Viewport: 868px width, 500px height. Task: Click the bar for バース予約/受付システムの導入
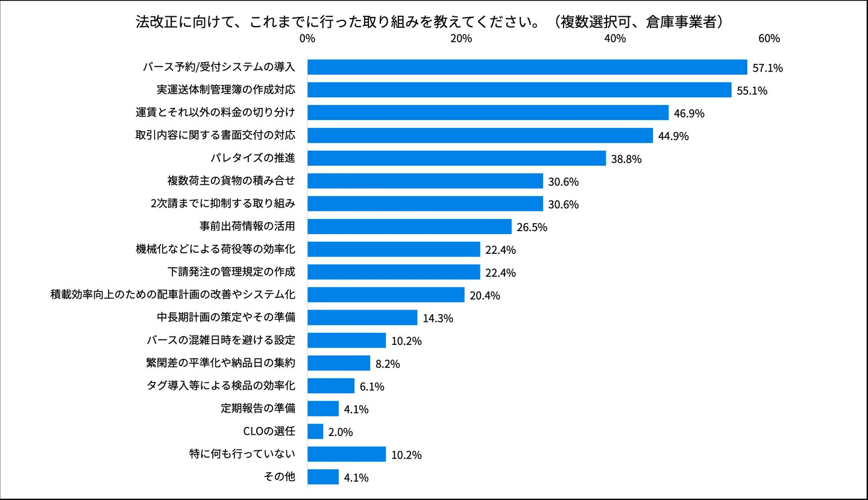(x=527, y=67)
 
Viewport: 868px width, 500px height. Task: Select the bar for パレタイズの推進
(x=456, y=158)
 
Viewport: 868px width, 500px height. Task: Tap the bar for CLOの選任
(x=315, y=431)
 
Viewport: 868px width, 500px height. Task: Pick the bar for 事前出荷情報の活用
(x=409, y=226)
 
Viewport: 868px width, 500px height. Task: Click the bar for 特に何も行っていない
(x=347, y=454)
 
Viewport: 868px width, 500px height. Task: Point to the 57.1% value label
(x=767, y=68)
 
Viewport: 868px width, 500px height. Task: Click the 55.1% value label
(x=752, y=91)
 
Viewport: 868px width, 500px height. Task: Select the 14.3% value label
(x=438, y=318)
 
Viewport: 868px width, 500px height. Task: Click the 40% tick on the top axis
(x=615, y=39)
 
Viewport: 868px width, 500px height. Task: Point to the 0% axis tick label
(x=307, y=39)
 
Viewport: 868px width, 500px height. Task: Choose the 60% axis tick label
(x=769, y=39)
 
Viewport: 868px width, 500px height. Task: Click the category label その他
(x=280, y=476)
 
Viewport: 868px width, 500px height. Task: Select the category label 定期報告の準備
(x=258, y=408)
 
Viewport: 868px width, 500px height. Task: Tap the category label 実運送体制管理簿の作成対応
(x=225, y=90)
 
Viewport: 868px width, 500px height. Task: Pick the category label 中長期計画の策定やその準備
(x=225, y=317)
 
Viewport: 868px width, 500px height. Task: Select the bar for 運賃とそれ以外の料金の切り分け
(x=488, y=113)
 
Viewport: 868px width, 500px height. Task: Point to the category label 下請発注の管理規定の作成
(x=231, y=271)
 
